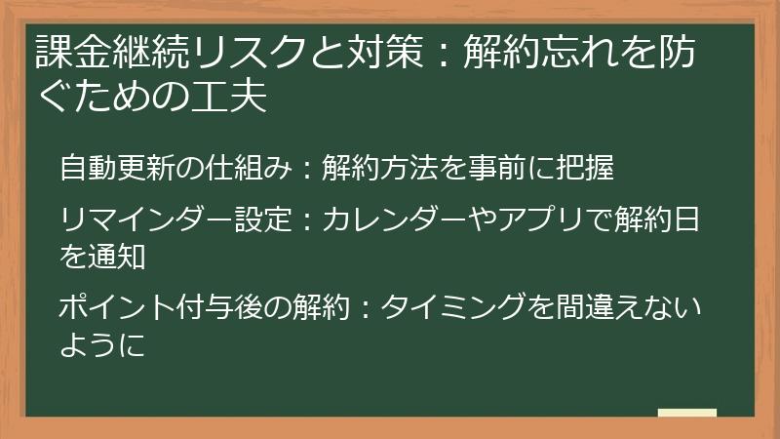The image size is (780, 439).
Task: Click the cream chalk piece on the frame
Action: [686, 413]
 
